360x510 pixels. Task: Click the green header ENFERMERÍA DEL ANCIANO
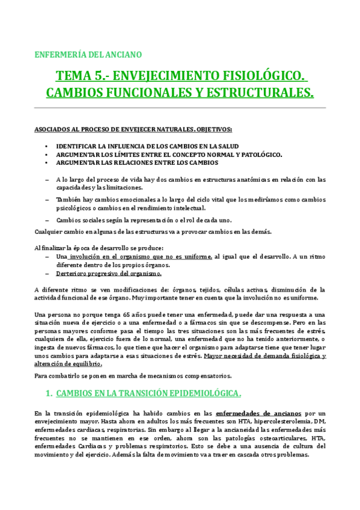(88, 55)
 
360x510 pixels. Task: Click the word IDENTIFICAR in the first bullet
(78, 146)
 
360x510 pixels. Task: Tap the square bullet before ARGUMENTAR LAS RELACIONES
(47, 163)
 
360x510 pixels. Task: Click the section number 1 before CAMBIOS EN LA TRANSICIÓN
(48, 394)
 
